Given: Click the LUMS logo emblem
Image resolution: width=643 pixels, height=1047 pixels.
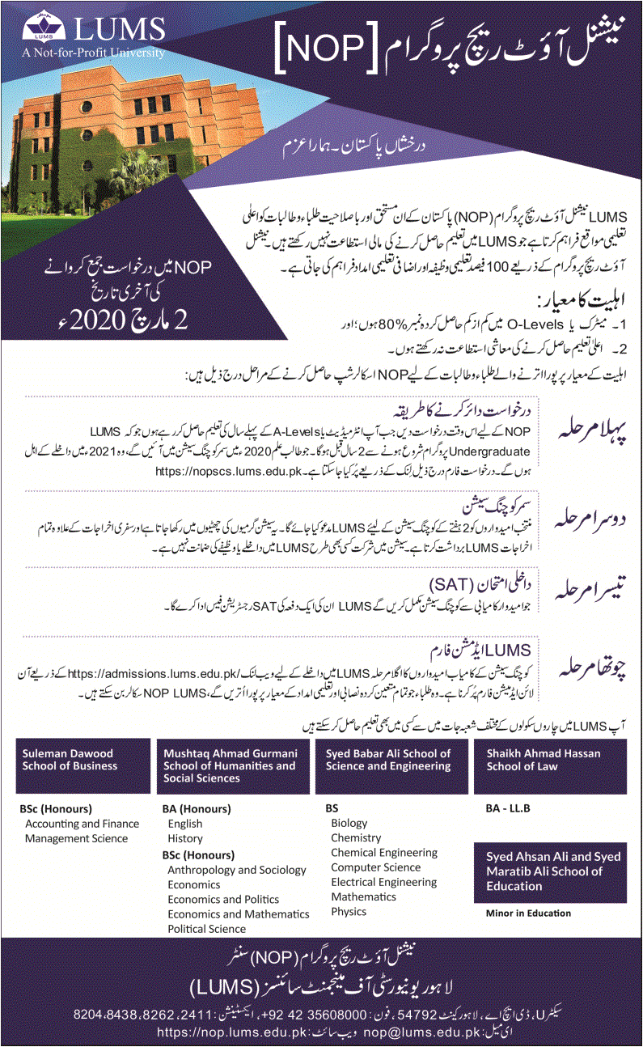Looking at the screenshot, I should (x=38, y=27).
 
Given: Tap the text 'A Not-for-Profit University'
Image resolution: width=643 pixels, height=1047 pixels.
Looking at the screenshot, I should (x=95, y=53).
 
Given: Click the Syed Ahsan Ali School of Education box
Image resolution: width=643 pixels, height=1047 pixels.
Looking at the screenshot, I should (x=550, y=872).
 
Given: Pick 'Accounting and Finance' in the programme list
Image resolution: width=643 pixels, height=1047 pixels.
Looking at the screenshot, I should (x=82, y=824).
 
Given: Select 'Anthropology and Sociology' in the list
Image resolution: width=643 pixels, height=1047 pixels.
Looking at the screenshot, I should (x=237, y=870).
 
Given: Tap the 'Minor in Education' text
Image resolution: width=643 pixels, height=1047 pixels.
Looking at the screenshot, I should (x=528, y=913).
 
